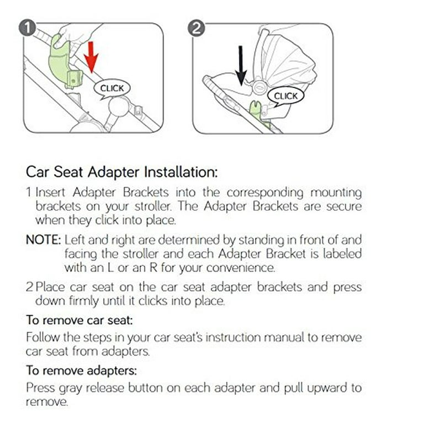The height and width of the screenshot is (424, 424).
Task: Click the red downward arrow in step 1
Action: pyautogui.click(x=91, y=57)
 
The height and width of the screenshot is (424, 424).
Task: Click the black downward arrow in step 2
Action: pyautogui.click(x=241, y=66)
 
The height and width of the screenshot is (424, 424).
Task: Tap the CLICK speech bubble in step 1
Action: pyautogui.click(x=112, y=89)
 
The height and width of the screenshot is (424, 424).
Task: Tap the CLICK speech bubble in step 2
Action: pyautogui.click(x=285, y=96)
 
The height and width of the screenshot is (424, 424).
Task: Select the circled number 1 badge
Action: pyautogui.click(x=27, y=28)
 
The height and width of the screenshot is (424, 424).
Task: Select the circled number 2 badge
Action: pyautogui.click(x=197, y=28)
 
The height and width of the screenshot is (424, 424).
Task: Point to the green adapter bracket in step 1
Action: pyautogui.click(x=65, y=62)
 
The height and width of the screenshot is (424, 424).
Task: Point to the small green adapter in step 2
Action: pyautogui.click(x=256, y=108)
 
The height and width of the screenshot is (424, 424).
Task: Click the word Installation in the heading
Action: pyautogui.click(x=181, y=172)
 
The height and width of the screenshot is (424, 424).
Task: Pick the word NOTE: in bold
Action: pyautogui.click(x=44, y=240)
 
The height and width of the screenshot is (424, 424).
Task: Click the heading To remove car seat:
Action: pyautogui.click(x=79, y=320)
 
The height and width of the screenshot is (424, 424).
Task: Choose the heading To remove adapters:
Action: pyautogui.click(x=81, y=370)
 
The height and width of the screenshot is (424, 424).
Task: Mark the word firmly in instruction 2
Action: pyautogui.click(x=83, y=301)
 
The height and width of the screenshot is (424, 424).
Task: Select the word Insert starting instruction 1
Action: pyautogui.click(x=50, y=193)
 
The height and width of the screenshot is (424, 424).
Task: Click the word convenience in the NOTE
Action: pyautogui.click(x=240, y=268)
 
